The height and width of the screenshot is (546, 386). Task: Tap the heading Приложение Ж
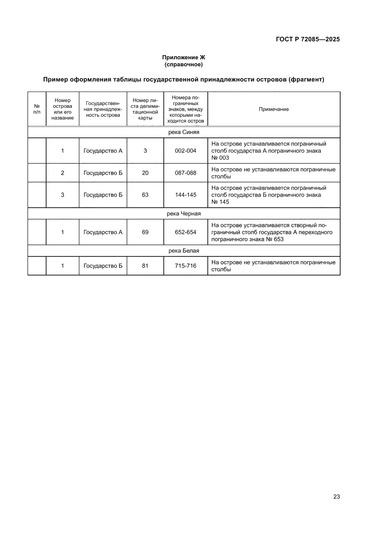pos(183,57)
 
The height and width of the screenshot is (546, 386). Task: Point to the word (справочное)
pos(183,64)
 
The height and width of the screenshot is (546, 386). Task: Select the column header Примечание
pos(274,109)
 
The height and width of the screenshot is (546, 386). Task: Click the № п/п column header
pos(37,109)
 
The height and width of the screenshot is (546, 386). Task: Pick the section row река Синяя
pos(183,132)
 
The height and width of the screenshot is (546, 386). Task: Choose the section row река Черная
pos(183,213)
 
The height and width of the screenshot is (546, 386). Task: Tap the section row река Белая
pos(183,251)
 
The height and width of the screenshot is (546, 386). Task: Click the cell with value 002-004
pos(185,151)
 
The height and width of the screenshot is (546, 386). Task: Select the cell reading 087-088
pos(185,173)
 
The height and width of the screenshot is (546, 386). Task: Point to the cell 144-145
pos(185,195)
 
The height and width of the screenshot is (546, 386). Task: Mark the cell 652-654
pos(185,232)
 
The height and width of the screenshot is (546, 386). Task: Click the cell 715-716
pos(185,266)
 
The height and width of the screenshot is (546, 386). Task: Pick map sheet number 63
pos(145,195)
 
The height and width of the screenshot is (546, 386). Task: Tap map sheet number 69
pos(145,232)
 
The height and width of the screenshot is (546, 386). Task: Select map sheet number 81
pos(145,266)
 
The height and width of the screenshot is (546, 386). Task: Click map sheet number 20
pos(145,173)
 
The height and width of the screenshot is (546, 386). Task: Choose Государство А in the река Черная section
pos(103,232)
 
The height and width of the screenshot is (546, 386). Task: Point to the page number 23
pos(336,496)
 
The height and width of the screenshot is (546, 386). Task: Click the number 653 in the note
pos(278,239)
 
